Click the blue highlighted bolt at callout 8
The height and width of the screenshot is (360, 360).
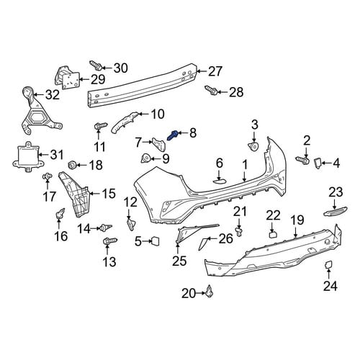[x=173, y=135]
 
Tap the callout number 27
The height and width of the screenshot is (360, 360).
[x=215, y=71]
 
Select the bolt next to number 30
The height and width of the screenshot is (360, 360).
[x=96, y=66]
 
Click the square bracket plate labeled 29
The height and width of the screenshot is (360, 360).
[x=68, y=77]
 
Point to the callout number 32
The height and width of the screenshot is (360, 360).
[x=53, y=94]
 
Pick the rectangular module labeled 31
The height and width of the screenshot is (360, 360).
[x=28, y=156]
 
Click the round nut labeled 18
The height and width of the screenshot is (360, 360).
[x=73, y=165]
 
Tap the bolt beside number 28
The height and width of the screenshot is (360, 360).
[x=212, y=91]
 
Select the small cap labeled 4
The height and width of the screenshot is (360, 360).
[x=318, y=163]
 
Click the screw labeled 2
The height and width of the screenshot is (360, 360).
[x=302, y=160]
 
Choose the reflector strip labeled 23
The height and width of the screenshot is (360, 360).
[x=336, y=210]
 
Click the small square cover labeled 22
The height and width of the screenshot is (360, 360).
[x=274, y=234]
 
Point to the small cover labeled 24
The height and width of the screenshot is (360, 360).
[x=328, y=264]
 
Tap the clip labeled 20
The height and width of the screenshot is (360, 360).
[x=210, y=291]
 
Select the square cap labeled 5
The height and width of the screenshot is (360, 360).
[x=155, y=240]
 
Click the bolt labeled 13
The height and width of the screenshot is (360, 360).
[x=109, y=240]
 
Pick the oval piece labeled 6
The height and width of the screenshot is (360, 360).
[x=220, y=181]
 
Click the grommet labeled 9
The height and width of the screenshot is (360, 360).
[x=145, y=158]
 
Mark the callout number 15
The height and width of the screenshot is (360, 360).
[x=109, y=194]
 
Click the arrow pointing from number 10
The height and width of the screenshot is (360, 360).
[x=144, y=114]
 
